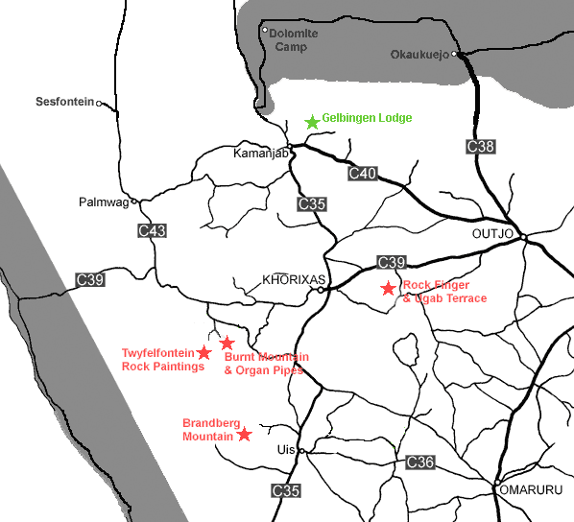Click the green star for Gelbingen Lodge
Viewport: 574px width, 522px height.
[x=311, y=122]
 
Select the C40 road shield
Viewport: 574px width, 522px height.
[x=363, y=174]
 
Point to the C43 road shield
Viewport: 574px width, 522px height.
[x=152, y=230]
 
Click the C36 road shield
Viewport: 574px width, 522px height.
[x=420, y=463]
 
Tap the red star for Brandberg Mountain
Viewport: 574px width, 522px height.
[x=245, y=434]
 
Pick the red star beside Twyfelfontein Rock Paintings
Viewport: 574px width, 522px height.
[x=203, y=353]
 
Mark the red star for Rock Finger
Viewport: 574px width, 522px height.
[x=388, y=288]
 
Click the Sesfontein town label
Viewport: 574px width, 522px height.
[x=65, y=101]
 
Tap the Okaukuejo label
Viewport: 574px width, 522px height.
[x=420, y=54]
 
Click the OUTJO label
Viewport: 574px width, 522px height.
[x=494, y=232]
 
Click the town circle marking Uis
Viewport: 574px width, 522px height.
[x=301, y=450]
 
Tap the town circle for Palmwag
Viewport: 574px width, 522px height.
[x=135, y=202]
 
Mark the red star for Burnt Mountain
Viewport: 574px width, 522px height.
[x=227, y=343]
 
